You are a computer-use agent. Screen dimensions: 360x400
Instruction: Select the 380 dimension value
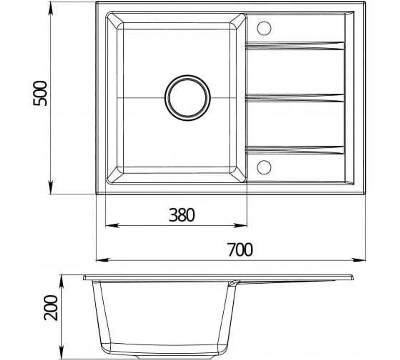[x=181, y=215]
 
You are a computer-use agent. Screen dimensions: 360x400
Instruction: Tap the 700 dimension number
[x=240, y=250]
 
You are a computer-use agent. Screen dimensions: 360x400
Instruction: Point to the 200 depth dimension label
[x=51, y=308]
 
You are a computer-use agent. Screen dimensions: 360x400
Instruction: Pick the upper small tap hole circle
[x=264, y=28]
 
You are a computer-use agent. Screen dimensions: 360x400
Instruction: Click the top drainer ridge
[x=295, y=46]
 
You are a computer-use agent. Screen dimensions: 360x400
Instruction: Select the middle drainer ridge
[x=295, y=98]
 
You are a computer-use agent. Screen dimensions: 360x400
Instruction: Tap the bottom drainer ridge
[x=295, y=150]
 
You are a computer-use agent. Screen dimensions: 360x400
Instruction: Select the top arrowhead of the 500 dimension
[x=51, y=8]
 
